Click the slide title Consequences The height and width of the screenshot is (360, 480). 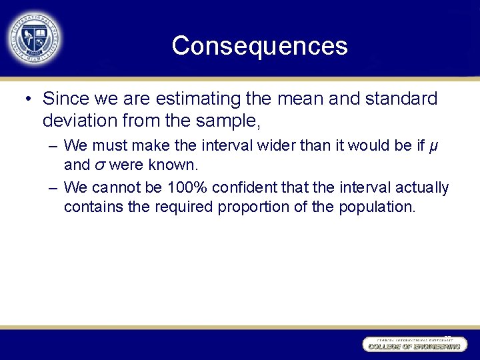(x=259, y=46)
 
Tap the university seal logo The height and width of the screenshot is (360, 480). (x=34, y=37)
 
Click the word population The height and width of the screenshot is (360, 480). (x=373, y=207)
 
